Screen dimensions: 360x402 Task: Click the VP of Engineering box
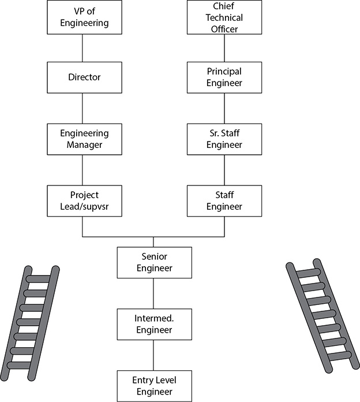pyautogui.click(x=84, y=17)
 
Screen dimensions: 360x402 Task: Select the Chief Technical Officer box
pyautogui.click(x=224, y=17)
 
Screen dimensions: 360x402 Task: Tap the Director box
pyautogui.click(x=84, y=77)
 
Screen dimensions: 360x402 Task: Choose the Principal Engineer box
pyautogui.click(x=224, y=77)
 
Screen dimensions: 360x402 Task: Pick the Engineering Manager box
pyautogui.click(x=84, y=139)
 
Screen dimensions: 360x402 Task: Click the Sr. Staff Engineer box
pyautogui.click(x=224, y=139)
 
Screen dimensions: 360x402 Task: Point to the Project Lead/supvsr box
pyautogui.click(x=84, y=201)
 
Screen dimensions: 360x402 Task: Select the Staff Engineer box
pyautogui.click(x=224, y=201)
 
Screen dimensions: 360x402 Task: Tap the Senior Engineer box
pyautogui.click(x=155, y=263)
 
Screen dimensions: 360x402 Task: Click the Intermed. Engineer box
pyautogui.click(x=155, y=325)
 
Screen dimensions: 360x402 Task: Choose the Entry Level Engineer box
pyautogui.click(x=155, y=386)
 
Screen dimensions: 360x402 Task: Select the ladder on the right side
pyautogui.click(x=322, y=316)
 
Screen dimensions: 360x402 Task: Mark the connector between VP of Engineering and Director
pyautogui.click(x=82, y=48)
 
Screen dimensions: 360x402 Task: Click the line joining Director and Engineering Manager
pyautogui.click(x=82, y=109)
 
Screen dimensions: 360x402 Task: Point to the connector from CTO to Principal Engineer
pyautogui.click(x=224, y=48)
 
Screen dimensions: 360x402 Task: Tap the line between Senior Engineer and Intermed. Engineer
pyautogui.click(x=153, y=293)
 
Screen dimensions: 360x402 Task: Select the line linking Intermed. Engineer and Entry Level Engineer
pyautogui.click(x=153, y=355)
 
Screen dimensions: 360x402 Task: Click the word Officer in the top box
pyautogui.click(x=224, y=29)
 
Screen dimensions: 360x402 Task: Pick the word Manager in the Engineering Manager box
pyautogui.click(x=84, y=145)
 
